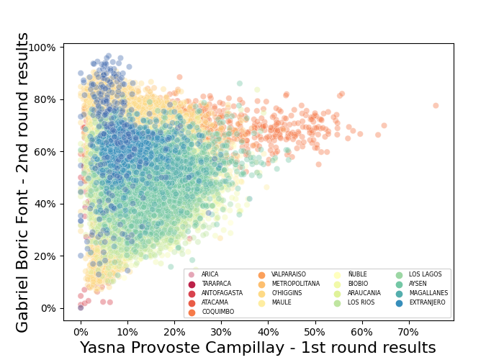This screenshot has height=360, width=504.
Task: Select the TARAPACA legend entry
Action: click(215, 284)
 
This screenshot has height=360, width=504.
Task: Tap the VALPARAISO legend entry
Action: click(288, 274)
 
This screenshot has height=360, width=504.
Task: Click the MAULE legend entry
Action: click(282, 302)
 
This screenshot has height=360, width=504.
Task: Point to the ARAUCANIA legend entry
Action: click(361, 293)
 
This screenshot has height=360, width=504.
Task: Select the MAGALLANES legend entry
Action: click(428, 293)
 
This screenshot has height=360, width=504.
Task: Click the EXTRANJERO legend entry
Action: click(428, 302)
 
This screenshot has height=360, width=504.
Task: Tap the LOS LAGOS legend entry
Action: click(426, 274)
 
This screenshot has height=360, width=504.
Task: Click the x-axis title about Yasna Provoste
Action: click(258, 348)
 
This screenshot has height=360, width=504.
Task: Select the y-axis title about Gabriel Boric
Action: click(23, 182)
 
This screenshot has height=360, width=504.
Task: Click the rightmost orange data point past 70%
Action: click(436, 105)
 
